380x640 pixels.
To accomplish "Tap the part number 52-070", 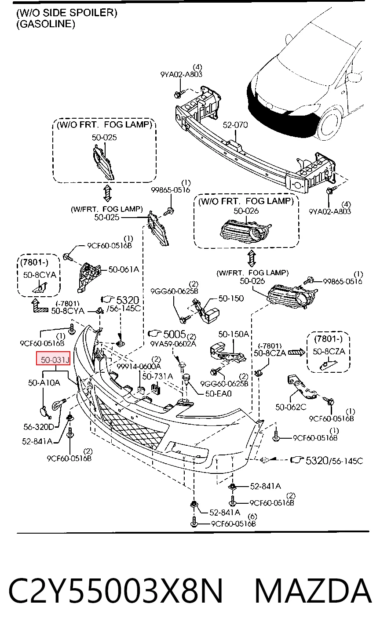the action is click(235, 125).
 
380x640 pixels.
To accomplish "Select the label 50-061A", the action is click(124, 269).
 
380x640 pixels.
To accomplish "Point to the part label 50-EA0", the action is click(219, 393).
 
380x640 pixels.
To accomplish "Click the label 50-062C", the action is click(291, 407).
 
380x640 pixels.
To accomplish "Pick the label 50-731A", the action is click(157, 376).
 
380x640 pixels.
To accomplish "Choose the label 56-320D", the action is click(39, 427).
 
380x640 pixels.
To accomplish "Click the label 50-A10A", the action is click(44, 382).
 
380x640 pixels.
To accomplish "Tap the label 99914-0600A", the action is click(139, 366).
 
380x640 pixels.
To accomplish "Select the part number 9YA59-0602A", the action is click(173, 344).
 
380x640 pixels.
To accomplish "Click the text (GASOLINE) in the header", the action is click(46, 24).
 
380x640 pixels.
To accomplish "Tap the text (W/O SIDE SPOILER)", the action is click(66, 13).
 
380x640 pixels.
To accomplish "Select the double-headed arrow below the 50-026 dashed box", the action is click(252, 258).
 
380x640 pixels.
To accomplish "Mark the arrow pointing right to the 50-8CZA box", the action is click(296, 353).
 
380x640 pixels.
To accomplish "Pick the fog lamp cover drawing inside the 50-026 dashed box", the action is click(246, 230).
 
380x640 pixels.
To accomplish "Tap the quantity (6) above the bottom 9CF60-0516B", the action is click(252, 516).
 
